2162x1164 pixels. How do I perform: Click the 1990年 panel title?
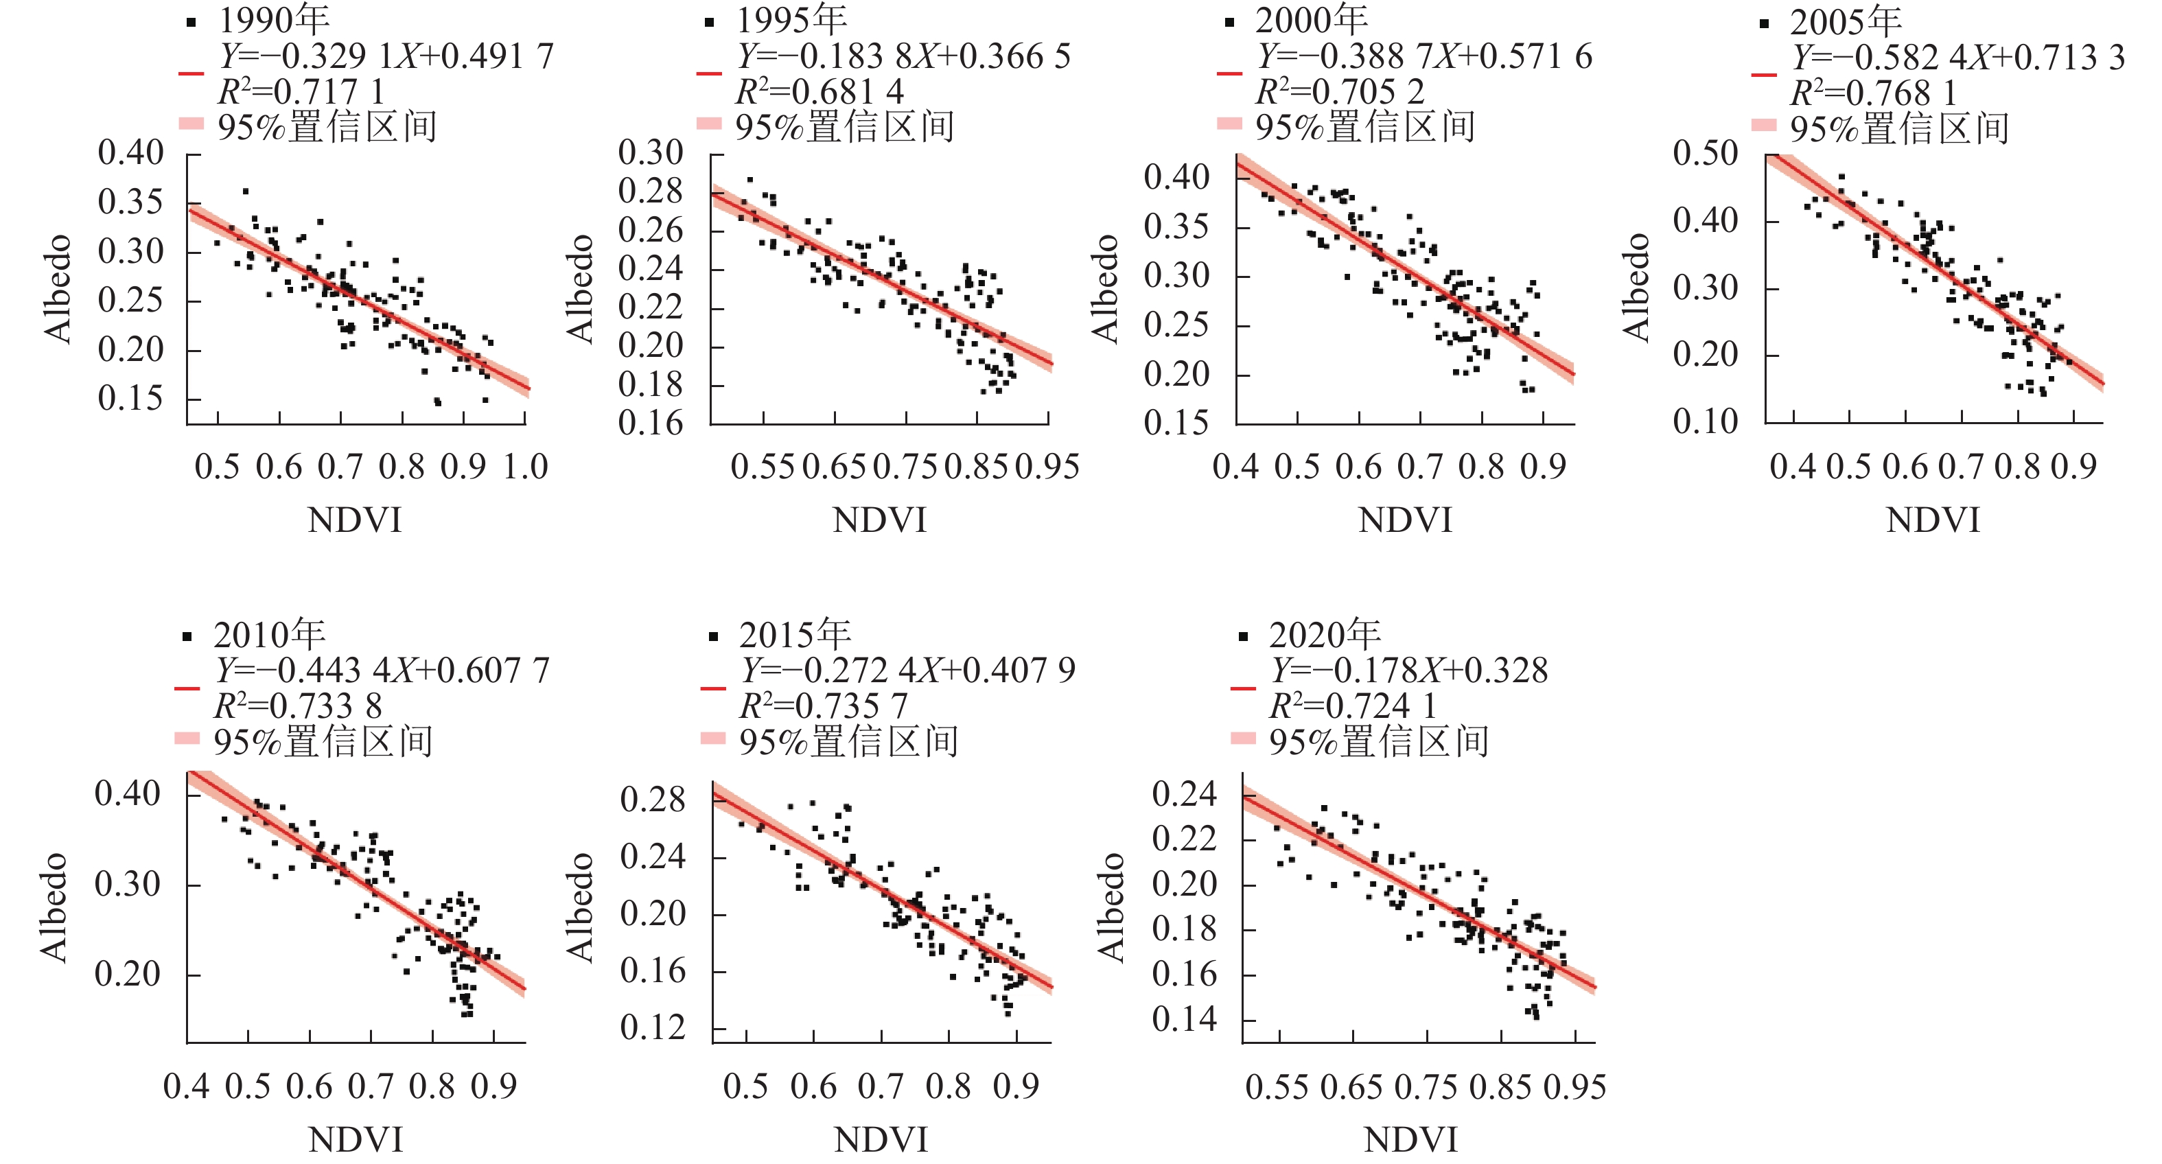tap(275, 20)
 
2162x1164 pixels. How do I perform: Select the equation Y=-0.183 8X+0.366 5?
tap(904, 57)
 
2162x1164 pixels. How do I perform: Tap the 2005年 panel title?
tap(1846, 22)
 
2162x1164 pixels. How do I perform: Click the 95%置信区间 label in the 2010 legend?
tap(323, 741)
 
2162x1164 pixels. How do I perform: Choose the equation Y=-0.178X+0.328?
tap(1409, 671)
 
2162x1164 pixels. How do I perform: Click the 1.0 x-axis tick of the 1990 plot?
tap(525, 467)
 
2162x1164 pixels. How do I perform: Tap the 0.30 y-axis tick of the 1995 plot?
tap(651, 154)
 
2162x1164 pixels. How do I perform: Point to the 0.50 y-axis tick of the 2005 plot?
tap(1705, 154)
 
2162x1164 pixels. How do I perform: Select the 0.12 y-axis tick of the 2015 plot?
tap(652, 1028)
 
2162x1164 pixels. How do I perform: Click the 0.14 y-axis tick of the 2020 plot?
tap(1183, 1020)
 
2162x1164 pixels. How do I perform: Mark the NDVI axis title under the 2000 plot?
tap(1405, 520)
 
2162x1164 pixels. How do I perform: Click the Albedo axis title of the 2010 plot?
tap(54, 907)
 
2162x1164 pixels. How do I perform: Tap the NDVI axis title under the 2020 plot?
tap(1411, 1140)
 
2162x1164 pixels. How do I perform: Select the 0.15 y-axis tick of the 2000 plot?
tap(1176, 423)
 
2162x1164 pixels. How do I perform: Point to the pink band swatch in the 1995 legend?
tap(709, 124)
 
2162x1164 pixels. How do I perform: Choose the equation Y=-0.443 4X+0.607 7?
tap(382, 671)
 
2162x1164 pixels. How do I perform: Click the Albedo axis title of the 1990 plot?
tap(58, 289)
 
